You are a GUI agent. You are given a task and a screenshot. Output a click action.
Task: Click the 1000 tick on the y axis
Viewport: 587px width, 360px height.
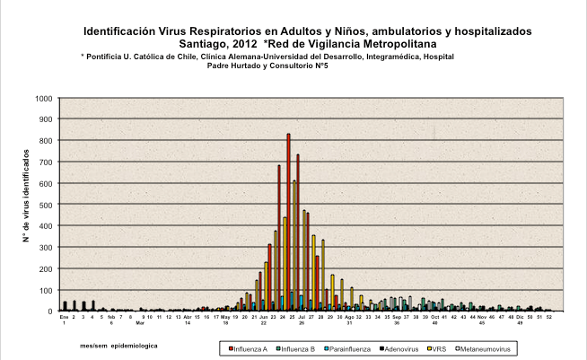pyautogui.click(x=41, y=98)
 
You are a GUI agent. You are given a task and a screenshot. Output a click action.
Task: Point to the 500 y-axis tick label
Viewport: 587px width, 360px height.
pyautogui.click(x=44, y=205)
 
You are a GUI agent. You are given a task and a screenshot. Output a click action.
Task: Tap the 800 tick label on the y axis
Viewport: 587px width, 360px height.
pyautogui.click(x=44, y=141)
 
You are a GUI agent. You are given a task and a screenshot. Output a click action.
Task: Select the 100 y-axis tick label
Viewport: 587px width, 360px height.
pyautogui.click(x=44, y=290)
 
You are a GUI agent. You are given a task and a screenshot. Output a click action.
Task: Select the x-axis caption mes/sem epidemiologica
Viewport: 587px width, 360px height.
pyautogui.click(x=118, y=345)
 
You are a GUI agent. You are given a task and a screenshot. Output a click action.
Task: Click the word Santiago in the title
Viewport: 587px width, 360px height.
pyautogui.click(x=205, y=43)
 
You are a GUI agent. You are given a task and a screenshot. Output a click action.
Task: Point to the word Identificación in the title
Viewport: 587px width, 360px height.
pyautogui.click(x=122, y=31)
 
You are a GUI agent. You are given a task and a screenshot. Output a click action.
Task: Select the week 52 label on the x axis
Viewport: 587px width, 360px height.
pyautogui.click(x=549, y=317)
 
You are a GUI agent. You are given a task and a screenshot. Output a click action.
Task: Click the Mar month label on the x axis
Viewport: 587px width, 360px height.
pyautogui.click(x=140, y=321)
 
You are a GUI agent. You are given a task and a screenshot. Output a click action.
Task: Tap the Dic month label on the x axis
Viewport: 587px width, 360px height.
pyautogui.click(x=520, y=317)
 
